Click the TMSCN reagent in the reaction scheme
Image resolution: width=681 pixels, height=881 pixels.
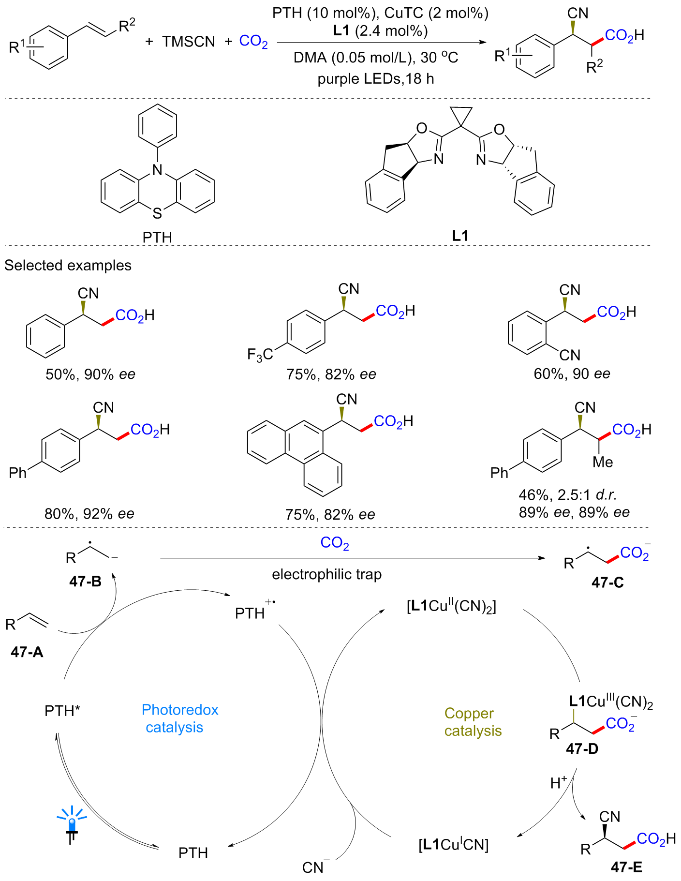[x=189, y=42]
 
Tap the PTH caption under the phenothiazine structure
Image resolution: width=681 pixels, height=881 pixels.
[x=157, y=237]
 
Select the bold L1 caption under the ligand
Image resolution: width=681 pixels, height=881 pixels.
[x=459, y=236]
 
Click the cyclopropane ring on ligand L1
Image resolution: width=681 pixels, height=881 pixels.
[x=460, y=116]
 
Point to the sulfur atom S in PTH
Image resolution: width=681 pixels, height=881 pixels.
[x=157, y=213]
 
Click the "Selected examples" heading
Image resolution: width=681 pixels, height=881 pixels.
[x=68, y=265]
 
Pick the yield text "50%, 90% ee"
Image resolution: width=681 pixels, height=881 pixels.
[x=90, y=374]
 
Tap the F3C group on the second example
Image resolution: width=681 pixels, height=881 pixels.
[x=260, y=355]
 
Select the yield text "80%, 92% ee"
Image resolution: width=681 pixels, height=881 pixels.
[x=89, y=513]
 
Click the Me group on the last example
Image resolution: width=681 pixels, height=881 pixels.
[x=603, y=462]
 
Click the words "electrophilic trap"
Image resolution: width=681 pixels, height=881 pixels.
[x=326, y=574]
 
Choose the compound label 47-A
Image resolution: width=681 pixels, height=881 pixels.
[x=27, y=652]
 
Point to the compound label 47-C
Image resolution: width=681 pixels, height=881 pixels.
[x=607, y=582]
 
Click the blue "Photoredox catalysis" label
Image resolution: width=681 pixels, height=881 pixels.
[x=179, y=718]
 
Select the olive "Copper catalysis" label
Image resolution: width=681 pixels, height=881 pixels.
[x=473, y=722]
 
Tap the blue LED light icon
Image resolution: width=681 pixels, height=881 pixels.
[x=72, y=822]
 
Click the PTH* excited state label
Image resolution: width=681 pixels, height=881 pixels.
[x=62, y=711]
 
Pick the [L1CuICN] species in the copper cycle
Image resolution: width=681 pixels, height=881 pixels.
[x=453, y=845]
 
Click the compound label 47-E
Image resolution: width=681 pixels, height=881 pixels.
[x=626, y=867]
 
